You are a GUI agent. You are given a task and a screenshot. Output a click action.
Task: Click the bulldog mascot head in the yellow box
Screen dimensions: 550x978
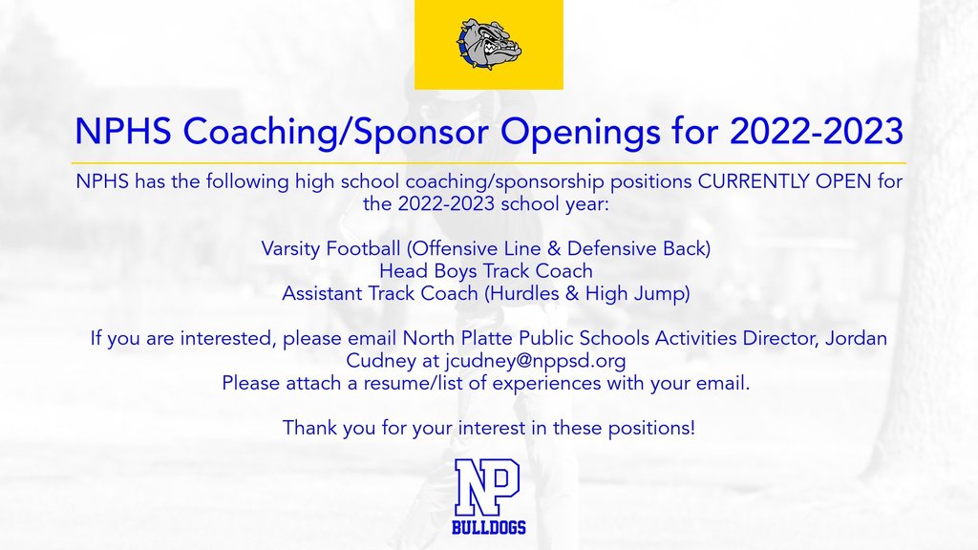point(488,43)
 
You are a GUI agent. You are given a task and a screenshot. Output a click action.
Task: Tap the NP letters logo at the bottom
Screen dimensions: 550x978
point(488,487)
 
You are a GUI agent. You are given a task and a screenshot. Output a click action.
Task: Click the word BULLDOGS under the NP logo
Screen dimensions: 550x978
point(488,528)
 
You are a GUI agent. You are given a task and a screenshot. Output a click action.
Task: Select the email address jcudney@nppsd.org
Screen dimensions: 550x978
point(535,361)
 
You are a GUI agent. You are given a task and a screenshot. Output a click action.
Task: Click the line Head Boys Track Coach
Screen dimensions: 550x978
point(486,271)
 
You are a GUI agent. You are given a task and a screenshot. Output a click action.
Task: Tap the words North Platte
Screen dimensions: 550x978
point(454,338)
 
